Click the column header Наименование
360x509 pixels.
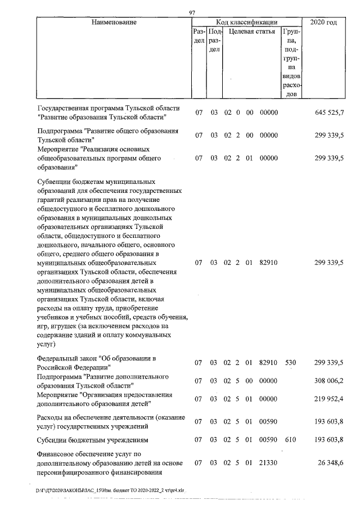pyautogui.click(x=114, y=22)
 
